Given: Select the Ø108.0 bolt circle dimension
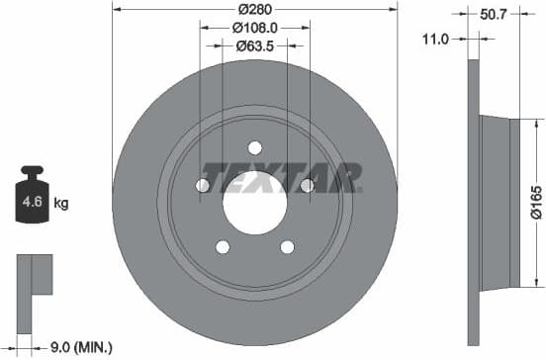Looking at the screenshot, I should point(254,29).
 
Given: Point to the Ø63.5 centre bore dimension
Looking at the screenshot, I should point(254,45).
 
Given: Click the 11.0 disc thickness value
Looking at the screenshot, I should point(436,39).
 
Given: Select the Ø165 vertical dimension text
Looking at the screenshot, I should point(534,202).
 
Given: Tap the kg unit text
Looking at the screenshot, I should point(61,204).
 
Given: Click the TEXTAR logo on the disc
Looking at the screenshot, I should point(280,177).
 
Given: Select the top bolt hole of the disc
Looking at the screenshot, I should point(254,148).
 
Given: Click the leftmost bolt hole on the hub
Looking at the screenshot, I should point(203,185).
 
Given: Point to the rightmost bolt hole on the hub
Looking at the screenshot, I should point(306,185).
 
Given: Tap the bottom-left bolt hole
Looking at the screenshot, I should point(223,247).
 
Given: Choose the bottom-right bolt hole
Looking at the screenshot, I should point(287,247).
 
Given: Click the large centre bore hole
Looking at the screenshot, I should point(254,204).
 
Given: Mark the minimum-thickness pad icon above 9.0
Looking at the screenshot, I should point(34,276).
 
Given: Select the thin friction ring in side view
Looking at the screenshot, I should point(472,203).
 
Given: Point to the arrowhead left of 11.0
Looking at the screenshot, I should point(461,39).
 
